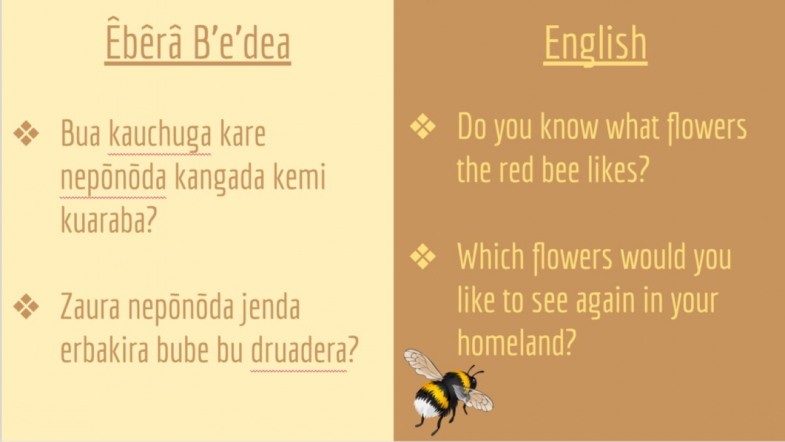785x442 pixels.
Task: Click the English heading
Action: tap(595, 44)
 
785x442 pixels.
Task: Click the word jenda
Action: tap(270, 309)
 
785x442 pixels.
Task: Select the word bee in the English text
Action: tap(561, 170)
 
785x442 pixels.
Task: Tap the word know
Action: tap(569, 126)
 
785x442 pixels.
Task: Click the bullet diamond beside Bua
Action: tap(26, 133)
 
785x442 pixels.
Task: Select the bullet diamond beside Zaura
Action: tap(26, 306)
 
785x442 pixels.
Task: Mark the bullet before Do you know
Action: tap(423, 126)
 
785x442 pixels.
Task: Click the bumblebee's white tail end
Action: tap(425, 408)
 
